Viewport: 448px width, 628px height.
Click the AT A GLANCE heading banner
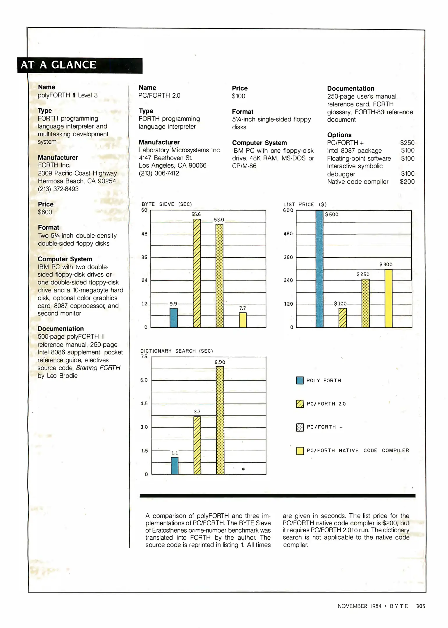(x=80, y=65)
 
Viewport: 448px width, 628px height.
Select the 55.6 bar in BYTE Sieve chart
(x=197, y=273)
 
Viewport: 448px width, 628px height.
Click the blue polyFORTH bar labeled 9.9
(x=174, y=318)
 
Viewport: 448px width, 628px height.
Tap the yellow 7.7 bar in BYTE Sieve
(x=243, y=320)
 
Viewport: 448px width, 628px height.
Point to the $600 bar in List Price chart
(x=319, y=269)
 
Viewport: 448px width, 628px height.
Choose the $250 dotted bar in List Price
(x=365, y=303)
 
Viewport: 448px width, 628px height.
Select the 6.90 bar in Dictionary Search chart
(x=220, y=420)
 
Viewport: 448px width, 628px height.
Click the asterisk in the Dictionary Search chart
(x=243, y=469)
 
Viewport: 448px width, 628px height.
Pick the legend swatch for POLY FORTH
(x=300, y=380)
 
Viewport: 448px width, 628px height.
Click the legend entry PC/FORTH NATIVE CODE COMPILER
(x=358, y=450)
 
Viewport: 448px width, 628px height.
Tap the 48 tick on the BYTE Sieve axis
(x=144, y=234)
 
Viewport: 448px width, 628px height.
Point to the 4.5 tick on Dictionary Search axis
(x=144, y=404)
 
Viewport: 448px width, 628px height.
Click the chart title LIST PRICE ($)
(x=305, y=204)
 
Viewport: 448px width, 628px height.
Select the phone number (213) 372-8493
(x=58, y=189)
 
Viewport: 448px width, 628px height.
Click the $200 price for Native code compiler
(x=407, y=182)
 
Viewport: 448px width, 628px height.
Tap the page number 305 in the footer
(x=421, y=606)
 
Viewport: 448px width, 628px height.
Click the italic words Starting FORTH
(x=98, y=368)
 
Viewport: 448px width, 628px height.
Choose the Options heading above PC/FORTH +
(x=339, y=135)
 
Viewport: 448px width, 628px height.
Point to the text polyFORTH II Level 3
(x=67, y=95)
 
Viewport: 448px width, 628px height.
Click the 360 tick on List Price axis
(x=288, y=257)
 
